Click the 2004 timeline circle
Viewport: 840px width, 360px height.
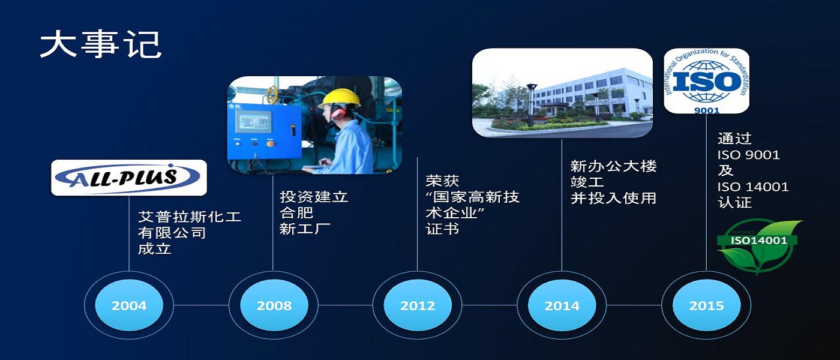[129, 305]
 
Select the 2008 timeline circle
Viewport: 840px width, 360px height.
[274, 305]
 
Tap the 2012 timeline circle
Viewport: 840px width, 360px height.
[418, 305]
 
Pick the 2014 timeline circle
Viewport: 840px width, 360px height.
[562, 305]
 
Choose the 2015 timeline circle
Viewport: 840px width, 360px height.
[707, 305]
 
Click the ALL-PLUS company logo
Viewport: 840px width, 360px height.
[129, 178]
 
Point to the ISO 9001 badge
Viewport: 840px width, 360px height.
[707, 80]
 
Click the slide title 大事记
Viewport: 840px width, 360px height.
[101, 44]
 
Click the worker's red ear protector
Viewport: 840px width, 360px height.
[338, 113]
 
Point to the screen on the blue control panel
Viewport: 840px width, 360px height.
[253, 121]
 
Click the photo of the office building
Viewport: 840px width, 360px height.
[562, 92]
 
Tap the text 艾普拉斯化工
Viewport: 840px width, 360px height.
[190, 217]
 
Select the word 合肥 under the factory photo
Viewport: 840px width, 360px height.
[296, 212]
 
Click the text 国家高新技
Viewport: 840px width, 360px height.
[476, 197]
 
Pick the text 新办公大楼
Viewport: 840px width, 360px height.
[613, 166]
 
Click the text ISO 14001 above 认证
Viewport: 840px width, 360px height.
[753, 187]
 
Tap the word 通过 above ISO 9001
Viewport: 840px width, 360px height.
[734, 139]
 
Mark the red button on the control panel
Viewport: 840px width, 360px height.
[269, 143]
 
